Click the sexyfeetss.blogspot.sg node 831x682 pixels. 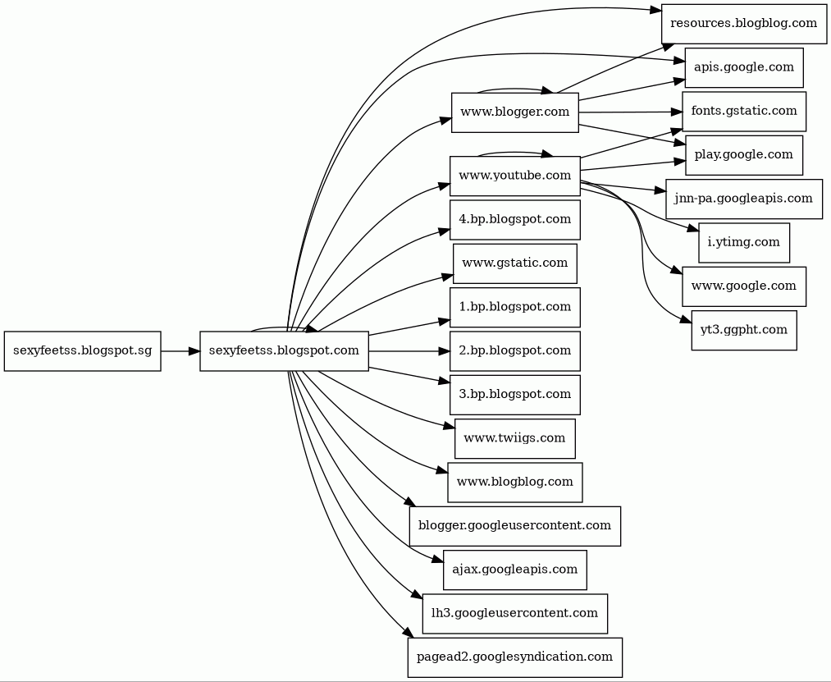coord(82,351)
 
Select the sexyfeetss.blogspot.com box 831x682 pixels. coord(284,351)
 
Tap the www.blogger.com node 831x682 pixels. coord(514,112)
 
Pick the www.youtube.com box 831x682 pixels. coord(514,176)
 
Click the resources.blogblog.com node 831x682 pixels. coord(743,23)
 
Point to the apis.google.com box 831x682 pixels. coord(743,67)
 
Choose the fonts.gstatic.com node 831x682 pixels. coord(743,111)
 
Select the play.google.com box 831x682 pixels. coord(743,155)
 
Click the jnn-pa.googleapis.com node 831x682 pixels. coord(743,199)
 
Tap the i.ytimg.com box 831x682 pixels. coord(743,243)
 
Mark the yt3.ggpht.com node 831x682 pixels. coord(743,330)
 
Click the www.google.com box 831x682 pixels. coord(743,286)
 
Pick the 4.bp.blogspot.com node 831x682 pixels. coord(514,220)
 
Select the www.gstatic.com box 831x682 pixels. coord(514,263)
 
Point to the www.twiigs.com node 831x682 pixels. coord(514,438)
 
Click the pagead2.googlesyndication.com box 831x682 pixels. coord(514,657)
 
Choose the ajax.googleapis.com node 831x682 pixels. coord(514,570)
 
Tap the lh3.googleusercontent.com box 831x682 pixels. coord(514,613)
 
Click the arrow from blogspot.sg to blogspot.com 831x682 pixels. coord(180,351)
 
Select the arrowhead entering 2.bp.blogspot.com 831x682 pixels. coord(444,351)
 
